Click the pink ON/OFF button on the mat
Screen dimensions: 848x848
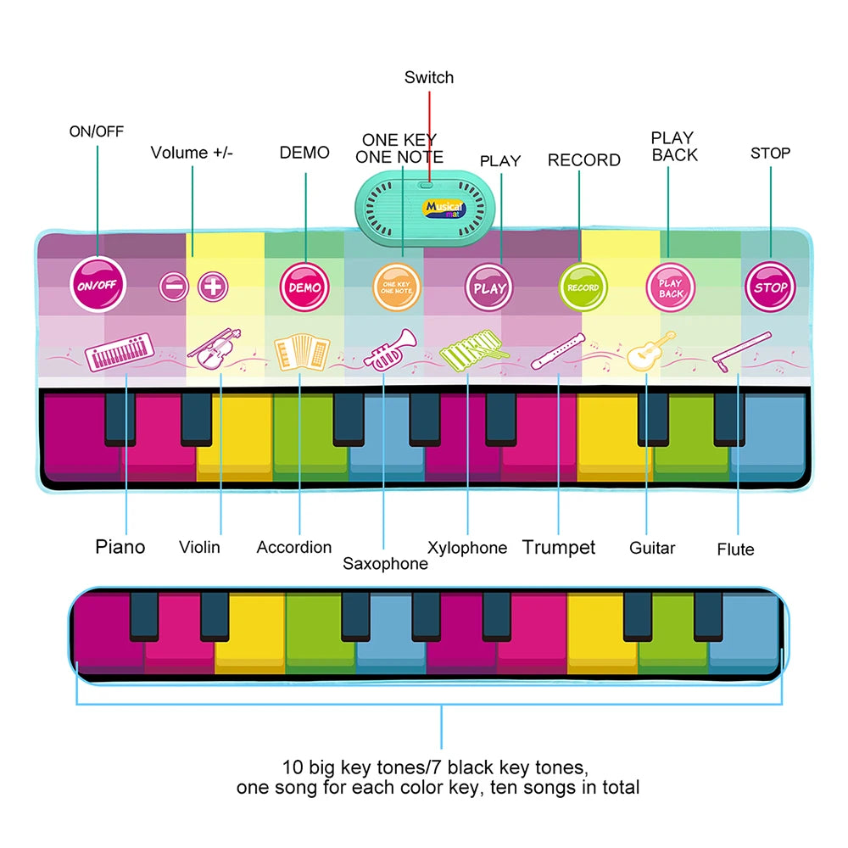click(x=98, y=284)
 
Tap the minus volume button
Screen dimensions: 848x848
click(x=174, y=287)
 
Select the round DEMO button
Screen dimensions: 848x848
click(x=304, y=287)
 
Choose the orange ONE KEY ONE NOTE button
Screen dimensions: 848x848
click(x=396, y=287)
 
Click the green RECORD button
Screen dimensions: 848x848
click(x=583, y=287)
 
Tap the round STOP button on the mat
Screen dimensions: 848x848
click(x=770, y=287)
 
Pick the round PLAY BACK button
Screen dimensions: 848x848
click(x=671, y=287)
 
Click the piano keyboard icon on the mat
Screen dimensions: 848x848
click(x=120, y=352)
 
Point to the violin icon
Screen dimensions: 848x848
click(x=215, y=349)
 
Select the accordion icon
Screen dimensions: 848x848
click(x=302, y=352)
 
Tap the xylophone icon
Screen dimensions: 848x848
click(x=474, y=351)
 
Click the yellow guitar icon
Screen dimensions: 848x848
click(x=651, y=351)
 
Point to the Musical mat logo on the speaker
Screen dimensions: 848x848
click(x=444, y=209)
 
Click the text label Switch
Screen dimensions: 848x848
click(x=429, y=77)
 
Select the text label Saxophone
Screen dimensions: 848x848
click(x=385, y=564)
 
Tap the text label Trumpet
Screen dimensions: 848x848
click(x=559, y=547)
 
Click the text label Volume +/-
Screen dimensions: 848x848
click(x=192, y=153)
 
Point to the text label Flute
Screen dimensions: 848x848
click(x=735, y=550)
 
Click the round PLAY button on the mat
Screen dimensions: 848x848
click(x=489, y=287)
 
